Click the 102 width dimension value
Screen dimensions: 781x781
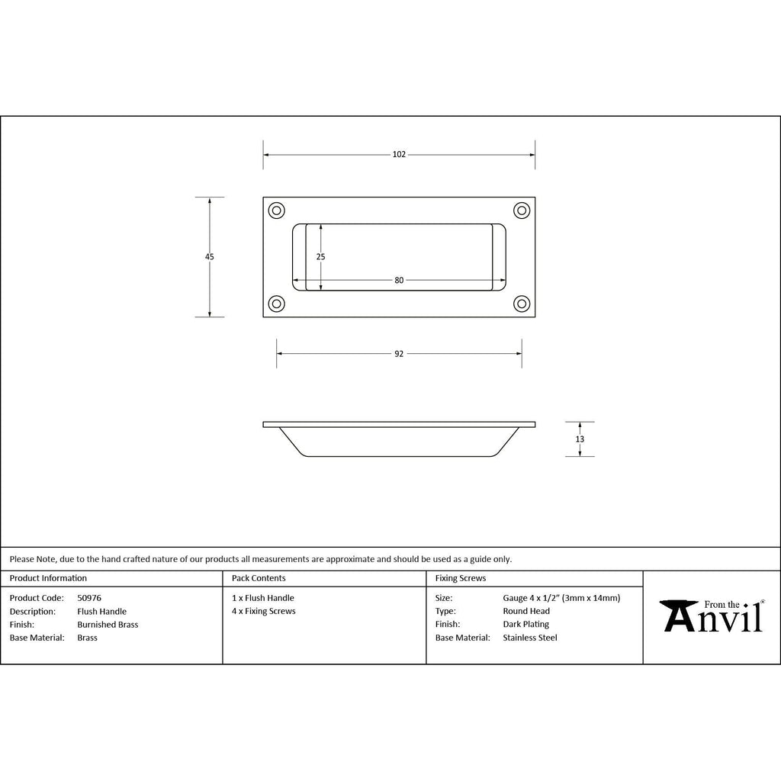(399, 154)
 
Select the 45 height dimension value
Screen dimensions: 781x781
(209, 256)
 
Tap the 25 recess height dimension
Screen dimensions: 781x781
(320, 256)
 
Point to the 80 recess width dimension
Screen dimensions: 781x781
(399, 280)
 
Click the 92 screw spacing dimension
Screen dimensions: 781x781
(399, 354)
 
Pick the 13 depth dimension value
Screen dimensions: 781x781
(580, 439)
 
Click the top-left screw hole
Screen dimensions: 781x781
(276, 211)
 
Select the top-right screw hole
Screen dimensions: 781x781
(522, 211)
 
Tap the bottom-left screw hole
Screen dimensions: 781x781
(276, 304)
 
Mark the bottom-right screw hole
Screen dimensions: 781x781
(522, 304)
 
